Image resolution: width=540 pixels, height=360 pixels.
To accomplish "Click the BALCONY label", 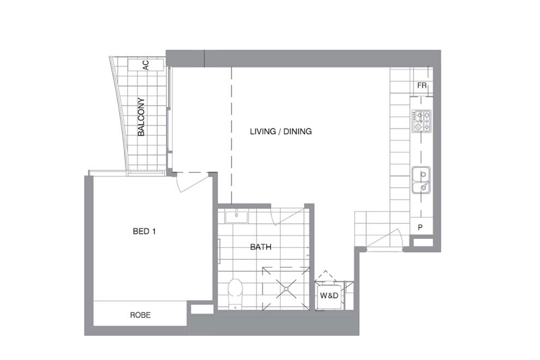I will tap(141, 117).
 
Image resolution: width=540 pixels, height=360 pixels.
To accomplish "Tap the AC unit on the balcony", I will tap(145, 64).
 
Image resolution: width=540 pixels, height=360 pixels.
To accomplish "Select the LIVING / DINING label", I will tap(280, 131).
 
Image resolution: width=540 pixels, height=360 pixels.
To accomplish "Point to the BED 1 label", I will tap(145, 231).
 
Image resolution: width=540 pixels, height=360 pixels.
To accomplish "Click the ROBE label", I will tap(140, 315).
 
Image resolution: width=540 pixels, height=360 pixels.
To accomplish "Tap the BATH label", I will tap(261, 247).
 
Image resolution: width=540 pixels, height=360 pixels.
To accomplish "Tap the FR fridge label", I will tap(422, 86).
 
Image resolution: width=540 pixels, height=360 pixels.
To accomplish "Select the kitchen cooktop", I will tap(422, 121).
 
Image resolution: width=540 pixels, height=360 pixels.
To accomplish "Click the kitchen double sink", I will tap(421, 181).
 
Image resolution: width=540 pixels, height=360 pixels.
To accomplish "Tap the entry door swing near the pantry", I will tap(388, 238).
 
